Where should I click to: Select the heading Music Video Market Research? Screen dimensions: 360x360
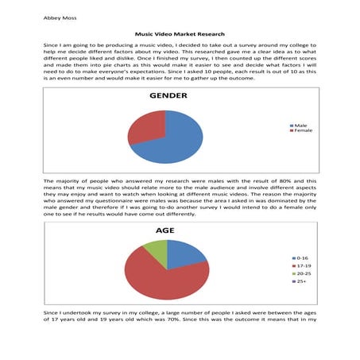click(x=180, y=36)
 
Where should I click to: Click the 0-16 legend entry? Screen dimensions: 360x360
click(x=303, y=258)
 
